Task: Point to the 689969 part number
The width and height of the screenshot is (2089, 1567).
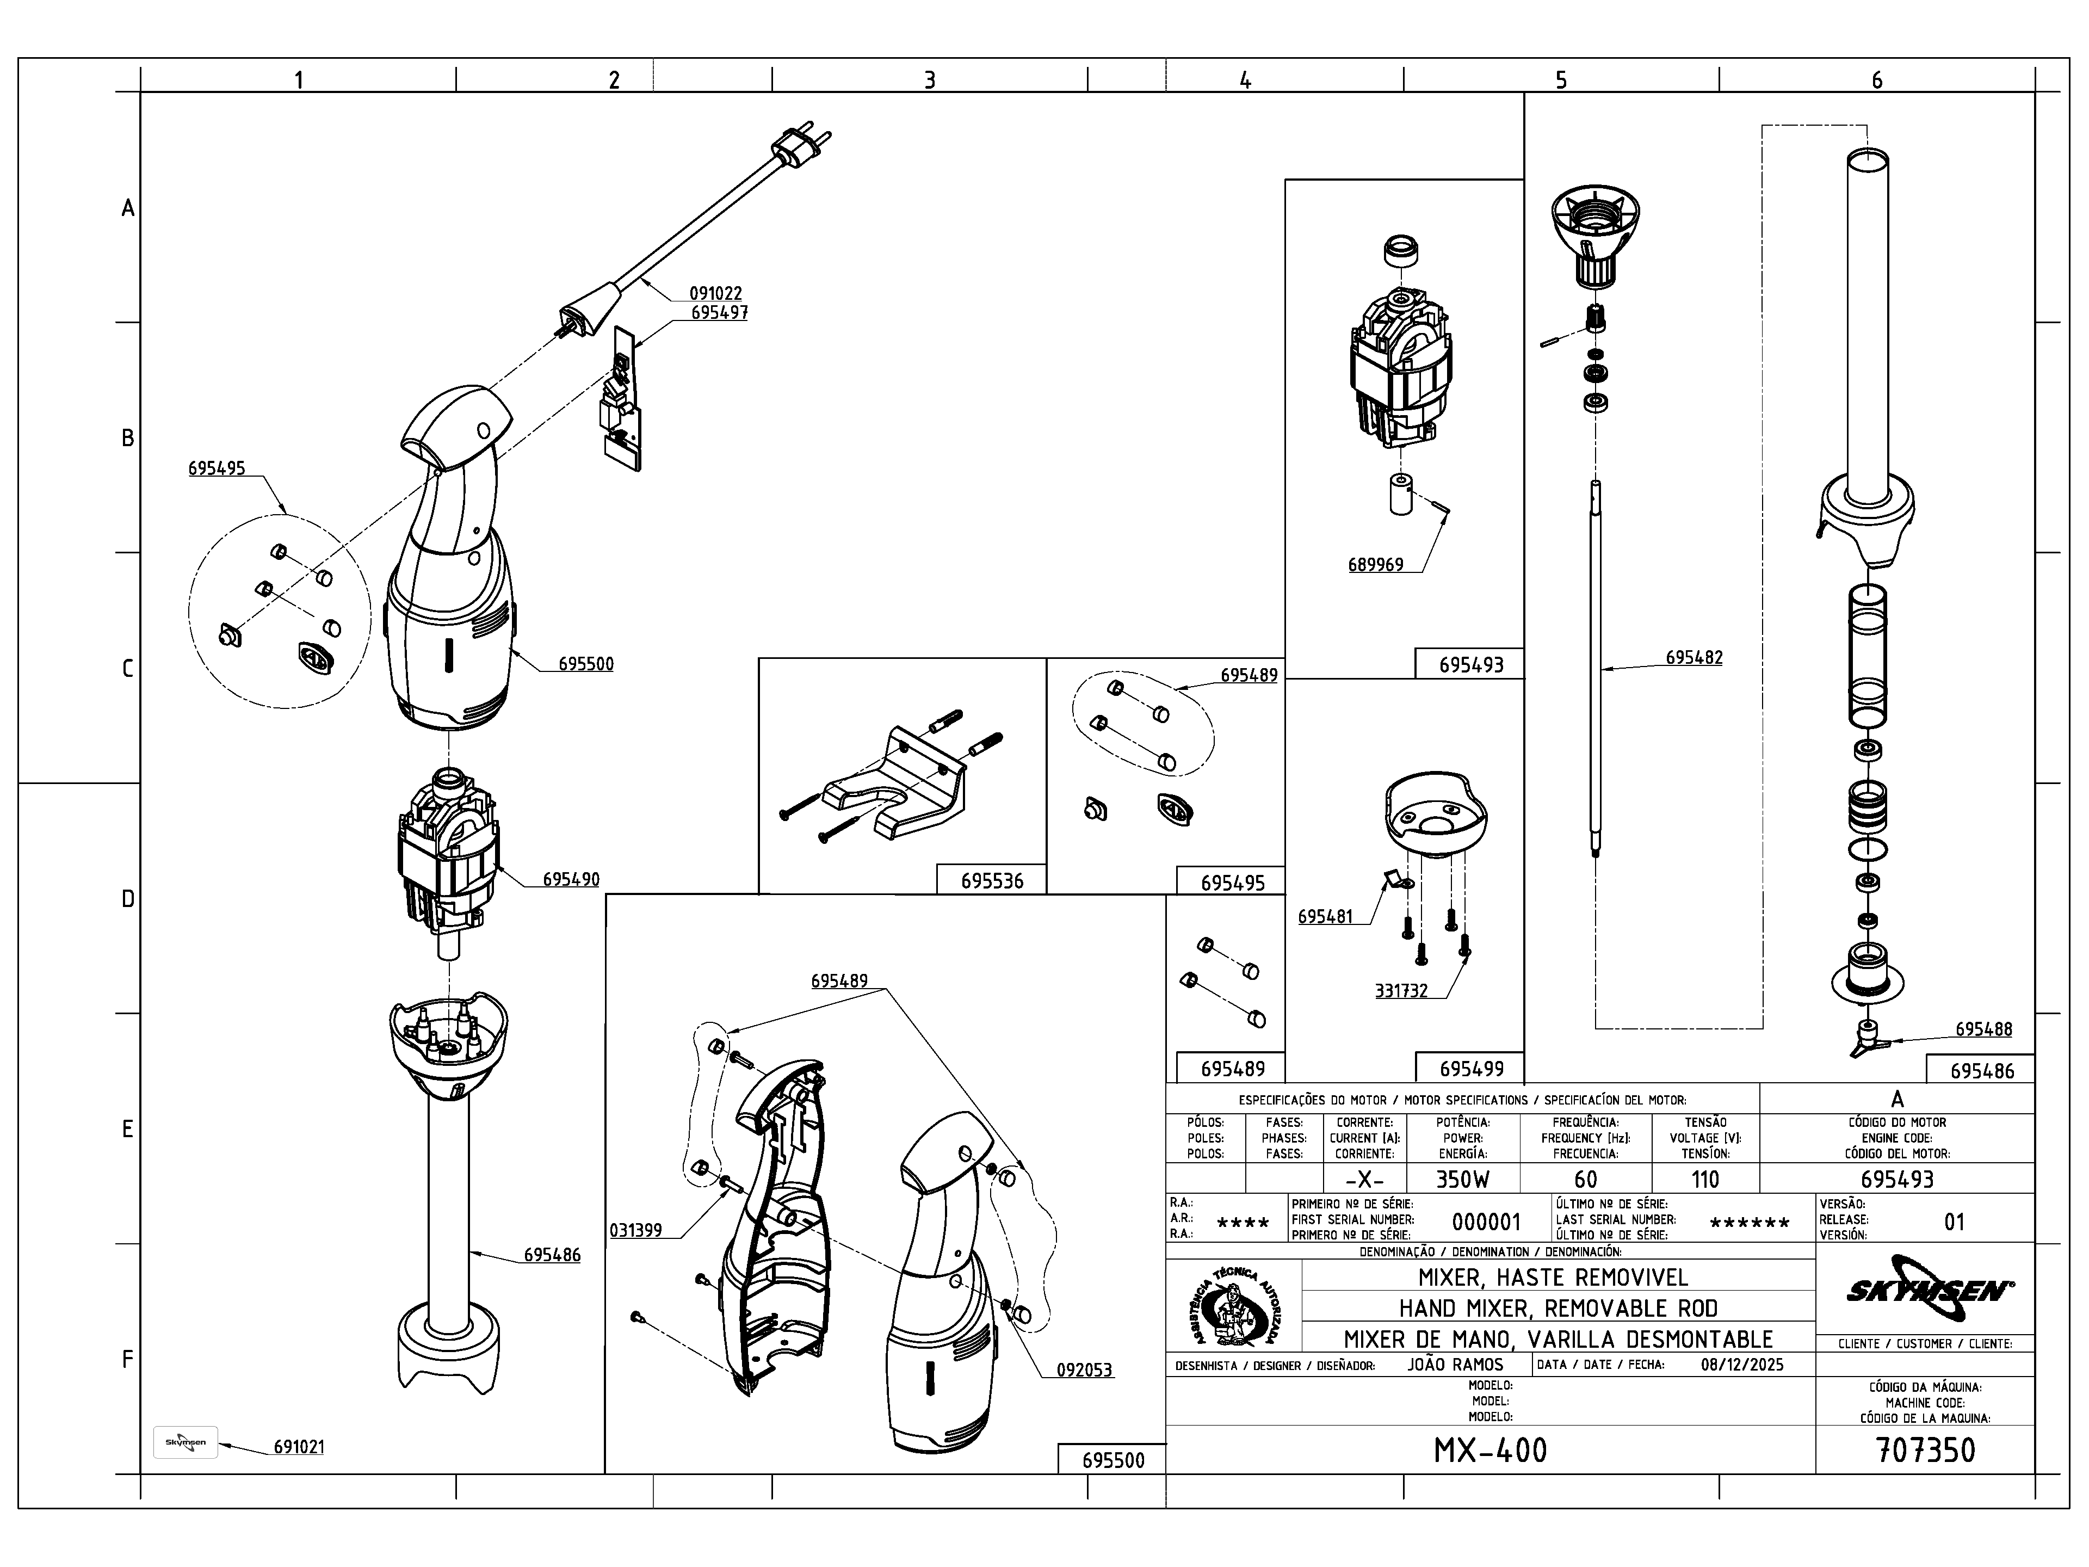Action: (1375, 565)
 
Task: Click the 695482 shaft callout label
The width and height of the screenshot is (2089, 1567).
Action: (1694, 657)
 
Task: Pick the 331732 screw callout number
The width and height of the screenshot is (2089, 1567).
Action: (1400, 991)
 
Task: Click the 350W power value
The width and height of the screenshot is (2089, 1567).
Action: (1462, 1179)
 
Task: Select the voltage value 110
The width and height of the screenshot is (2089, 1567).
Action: (1704, 1179)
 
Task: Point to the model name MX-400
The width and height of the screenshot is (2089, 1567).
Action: (1490, 1450)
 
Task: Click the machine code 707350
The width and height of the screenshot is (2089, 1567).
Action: (1925, 1450)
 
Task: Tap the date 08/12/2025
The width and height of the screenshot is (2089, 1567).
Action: (1741, 1365)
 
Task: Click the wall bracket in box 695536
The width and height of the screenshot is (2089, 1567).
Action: (897, 784)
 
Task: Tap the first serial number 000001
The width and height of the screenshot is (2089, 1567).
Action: (1486, 1222)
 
